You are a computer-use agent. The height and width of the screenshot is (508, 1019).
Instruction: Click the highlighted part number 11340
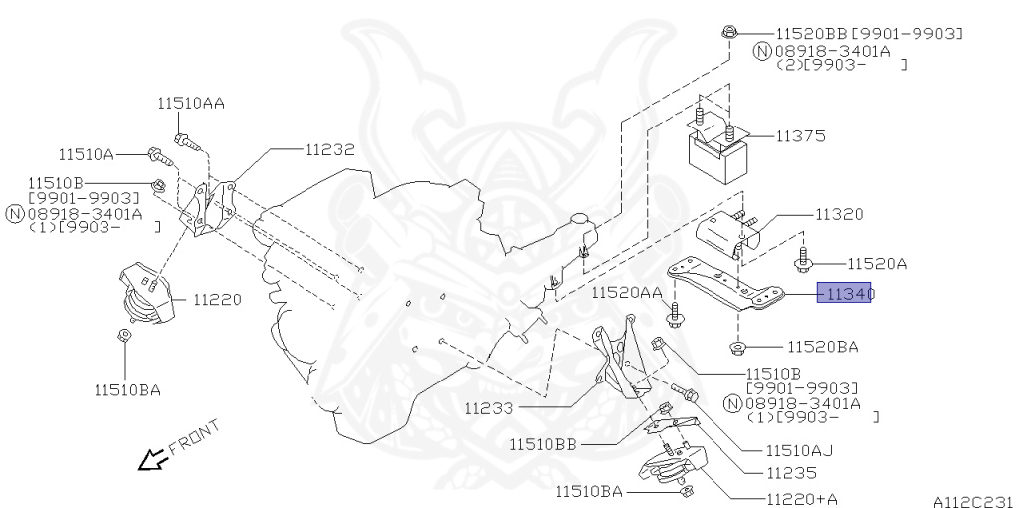(845, 294)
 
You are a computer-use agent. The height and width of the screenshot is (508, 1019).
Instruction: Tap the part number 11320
(839, 214)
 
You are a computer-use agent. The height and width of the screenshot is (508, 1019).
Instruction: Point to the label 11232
(329, 150)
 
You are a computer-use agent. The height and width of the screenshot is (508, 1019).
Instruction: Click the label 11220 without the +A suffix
(217, 298)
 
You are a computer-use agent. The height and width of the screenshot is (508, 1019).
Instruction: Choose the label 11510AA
(190, 103)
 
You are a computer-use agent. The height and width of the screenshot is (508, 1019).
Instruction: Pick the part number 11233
(488, 407)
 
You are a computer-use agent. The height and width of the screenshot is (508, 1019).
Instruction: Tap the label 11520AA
(626, 292)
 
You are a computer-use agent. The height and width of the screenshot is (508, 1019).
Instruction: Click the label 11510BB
(545, 443)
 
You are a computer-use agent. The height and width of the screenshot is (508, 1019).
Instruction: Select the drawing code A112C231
(972, 501)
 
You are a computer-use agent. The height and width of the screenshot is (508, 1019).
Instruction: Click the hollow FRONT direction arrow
(152, 459)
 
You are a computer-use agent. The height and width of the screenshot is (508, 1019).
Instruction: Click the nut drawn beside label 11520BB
(729, 33)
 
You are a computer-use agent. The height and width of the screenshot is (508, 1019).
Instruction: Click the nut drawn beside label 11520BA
(738, 347)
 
